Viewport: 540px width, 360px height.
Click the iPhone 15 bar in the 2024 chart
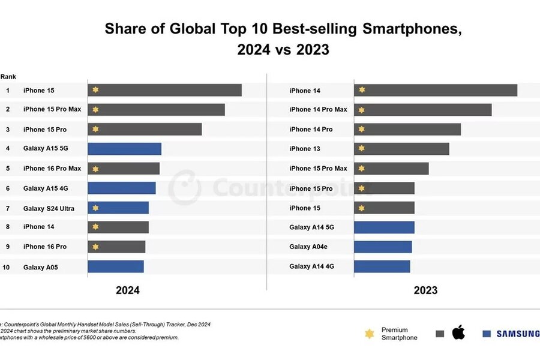click(165, 90)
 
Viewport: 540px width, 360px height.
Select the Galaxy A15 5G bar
click(125, 149)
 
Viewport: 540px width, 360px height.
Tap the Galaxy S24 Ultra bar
click(118, 208)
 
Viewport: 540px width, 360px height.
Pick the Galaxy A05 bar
click(116, 266)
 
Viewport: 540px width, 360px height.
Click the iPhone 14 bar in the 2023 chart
click(436, 90)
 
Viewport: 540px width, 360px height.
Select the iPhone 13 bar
click(401, 149)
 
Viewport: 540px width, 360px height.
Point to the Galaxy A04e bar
click(383, 247)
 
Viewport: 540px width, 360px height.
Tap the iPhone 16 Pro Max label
click(52, 169)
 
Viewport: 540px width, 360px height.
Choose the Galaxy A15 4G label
click(46, 188)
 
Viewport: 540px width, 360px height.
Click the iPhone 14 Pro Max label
click(318, 110)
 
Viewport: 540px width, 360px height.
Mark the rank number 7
click(8, 208)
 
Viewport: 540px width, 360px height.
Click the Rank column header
click(8, 77)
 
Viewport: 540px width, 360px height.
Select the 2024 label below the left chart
click(128, 290)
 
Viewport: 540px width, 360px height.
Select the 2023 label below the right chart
click(425, 290)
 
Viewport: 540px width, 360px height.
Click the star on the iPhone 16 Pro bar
click(95, 247)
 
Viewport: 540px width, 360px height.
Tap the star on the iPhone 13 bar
click(361, 149)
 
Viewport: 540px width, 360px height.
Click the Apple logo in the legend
click(458, 332)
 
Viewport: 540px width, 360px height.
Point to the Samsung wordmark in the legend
click(517, 334)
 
